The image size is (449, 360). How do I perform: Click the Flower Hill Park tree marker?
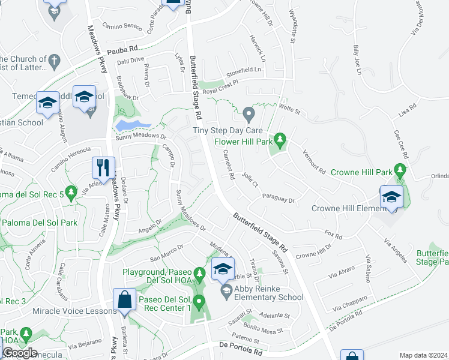[279, 140]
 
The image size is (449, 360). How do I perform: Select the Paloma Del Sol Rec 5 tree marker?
[71, 193]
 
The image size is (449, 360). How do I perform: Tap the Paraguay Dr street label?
[279, 198]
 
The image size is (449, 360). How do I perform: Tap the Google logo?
[20, 352]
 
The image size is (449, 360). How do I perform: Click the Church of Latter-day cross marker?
[54, 61]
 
